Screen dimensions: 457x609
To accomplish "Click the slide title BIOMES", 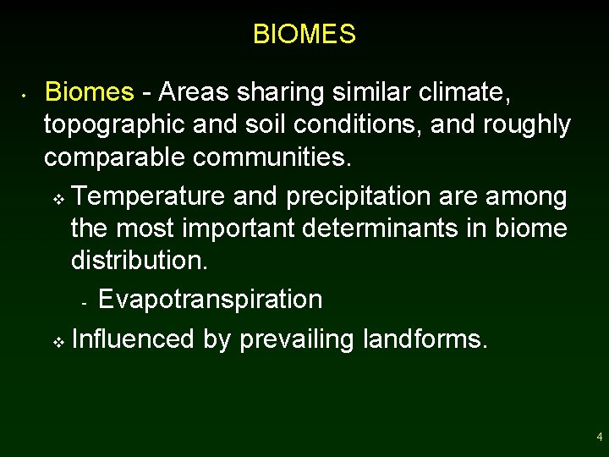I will point(304,35).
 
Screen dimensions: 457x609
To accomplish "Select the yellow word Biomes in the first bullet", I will point(89,91).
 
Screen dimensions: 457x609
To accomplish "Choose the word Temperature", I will point(149,196).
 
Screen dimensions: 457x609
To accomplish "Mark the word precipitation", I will point(359,197).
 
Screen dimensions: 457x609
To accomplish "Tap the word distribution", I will point(139,260).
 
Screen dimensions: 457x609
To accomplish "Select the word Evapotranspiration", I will point(211,300).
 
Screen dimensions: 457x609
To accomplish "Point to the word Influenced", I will point(134,339).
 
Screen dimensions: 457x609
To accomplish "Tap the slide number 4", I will point(599,438).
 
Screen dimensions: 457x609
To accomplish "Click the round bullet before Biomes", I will point(26,95).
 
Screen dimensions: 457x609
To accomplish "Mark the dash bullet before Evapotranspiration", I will point(84,303).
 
